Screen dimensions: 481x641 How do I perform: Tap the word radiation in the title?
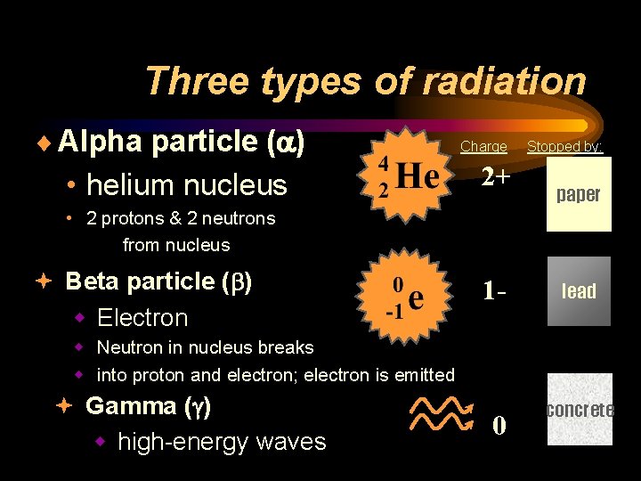click(x=502, y=81)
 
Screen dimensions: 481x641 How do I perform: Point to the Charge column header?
click(x=483, y=147)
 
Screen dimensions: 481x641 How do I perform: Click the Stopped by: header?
click(x=564, y=146)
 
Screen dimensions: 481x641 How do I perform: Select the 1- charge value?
click(x=495, y=291)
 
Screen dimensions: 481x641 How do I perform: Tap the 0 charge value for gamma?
click(x=499, y=427)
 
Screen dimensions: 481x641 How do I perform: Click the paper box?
click(x=579, y=194)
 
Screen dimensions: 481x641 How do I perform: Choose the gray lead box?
click(x=579, y=291)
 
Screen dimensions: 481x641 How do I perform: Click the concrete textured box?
click(x=579, y=410)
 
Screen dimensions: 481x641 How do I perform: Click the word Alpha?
click(x=100, y=141)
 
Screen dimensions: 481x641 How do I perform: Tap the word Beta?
click(x=94, y=281)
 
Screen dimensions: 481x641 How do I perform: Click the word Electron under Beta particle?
click(x=142, y=318)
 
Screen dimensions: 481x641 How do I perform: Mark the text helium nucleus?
click(x=187, y=185)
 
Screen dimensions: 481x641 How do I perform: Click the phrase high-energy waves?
click(x=222, y=441)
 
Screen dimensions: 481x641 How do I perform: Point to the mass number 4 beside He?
click(x=382, y=164)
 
